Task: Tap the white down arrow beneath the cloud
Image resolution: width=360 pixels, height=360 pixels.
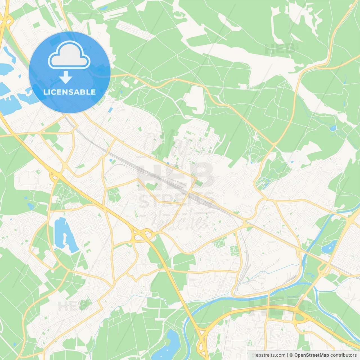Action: [x=66, y=77]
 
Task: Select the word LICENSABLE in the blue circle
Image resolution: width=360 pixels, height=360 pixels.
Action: [x=69, y=92]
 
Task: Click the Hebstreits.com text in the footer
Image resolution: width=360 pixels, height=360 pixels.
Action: [x=269, y=355]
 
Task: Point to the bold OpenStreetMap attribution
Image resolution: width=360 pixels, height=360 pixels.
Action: [x=312, y=355]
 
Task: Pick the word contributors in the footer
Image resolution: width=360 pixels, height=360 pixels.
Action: [x=343, y=355]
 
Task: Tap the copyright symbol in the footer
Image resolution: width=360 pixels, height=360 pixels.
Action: [x=291, y=355]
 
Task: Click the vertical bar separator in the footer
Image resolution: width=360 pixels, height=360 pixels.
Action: [x=287, y=355]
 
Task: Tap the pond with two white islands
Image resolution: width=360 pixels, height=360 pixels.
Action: [x=328, y=247]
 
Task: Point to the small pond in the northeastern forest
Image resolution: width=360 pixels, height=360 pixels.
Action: [x=333, y=128]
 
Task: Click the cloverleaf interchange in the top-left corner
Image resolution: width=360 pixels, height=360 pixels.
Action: [x=7, y=21]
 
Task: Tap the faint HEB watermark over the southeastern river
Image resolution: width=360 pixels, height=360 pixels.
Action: [x=277, y=305]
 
